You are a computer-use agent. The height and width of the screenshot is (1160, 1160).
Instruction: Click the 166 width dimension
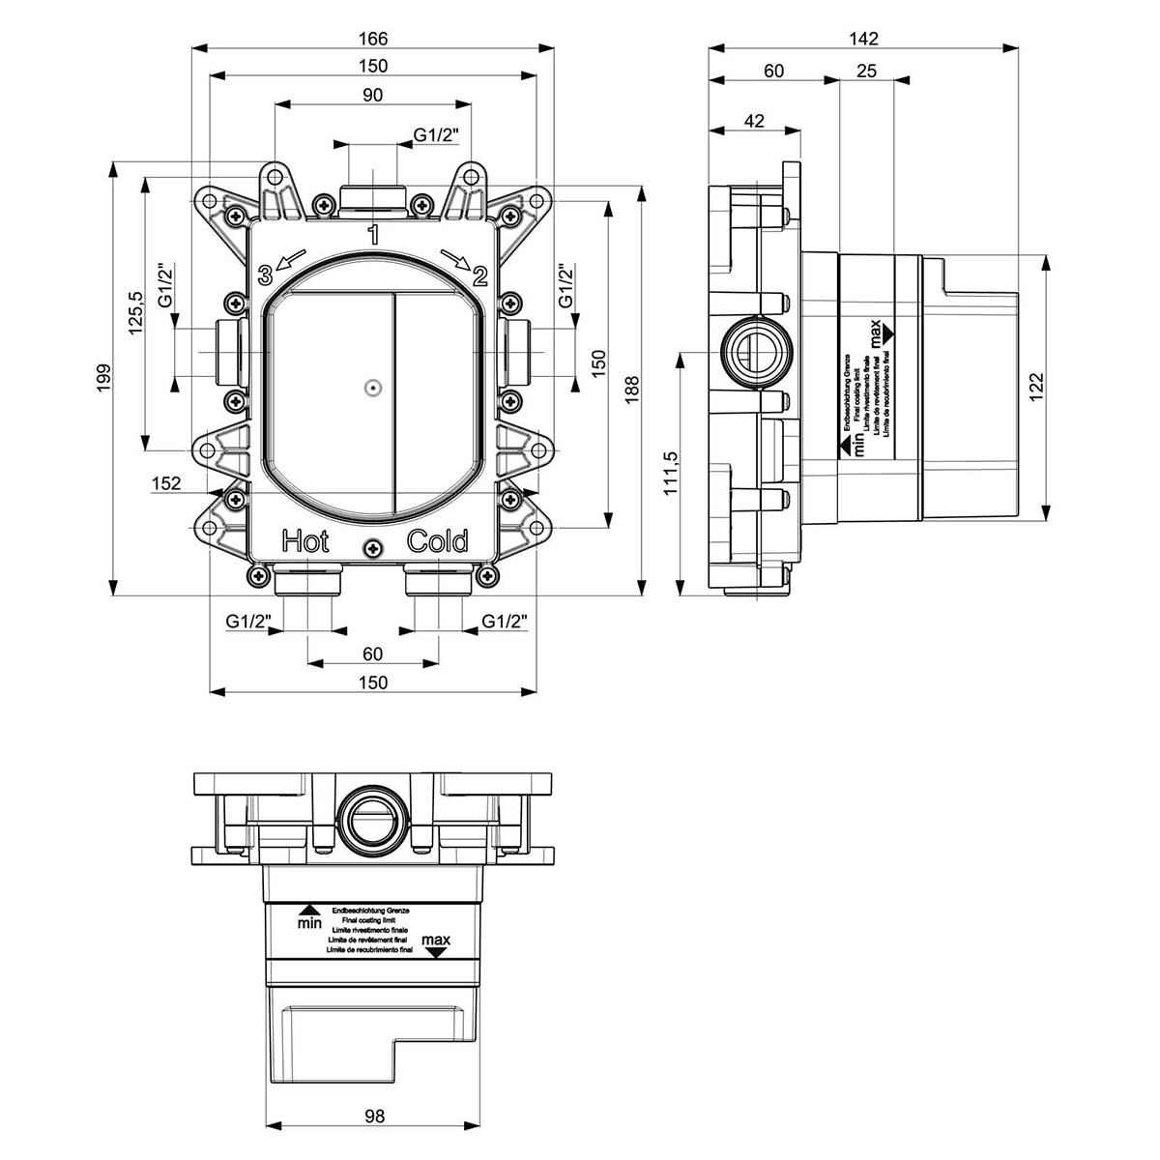[373, 39]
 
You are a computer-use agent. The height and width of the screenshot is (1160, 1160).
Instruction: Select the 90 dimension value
[373, 95]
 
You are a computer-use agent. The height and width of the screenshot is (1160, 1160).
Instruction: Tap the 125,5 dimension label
[136, 312]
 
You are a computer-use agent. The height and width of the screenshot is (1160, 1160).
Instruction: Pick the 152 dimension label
[166, 483]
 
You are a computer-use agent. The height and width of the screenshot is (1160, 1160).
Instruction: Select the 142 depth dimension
[863, 39]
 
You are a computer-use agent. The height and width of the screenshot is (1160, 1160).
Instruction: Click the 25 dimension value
[866, 71]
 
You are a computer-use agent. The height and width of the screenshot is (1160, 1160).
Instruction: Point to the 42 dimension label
[754, 121]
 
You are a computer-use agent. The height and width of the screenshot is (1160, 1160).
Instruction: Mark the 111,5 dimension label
[670, 474]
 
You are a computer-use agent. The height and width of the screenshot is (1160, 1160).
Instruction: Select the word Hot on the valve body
[305, 541]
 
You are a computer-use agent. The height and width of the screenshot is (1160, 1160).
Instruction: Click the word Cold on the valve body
[438, 541]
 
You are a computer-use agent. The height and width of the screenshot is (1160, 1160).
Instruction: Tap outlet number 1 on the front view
[373, 234]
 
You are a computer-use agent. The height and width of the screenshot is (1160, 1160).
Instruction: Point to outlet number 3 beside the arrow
[265, 275]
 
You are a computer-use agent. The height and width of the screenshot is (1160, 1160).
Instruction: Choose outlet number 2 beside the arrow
[479, 277]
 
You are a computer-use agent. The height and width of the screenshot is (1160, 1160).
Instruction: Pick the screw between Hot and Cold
[372, 548]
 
